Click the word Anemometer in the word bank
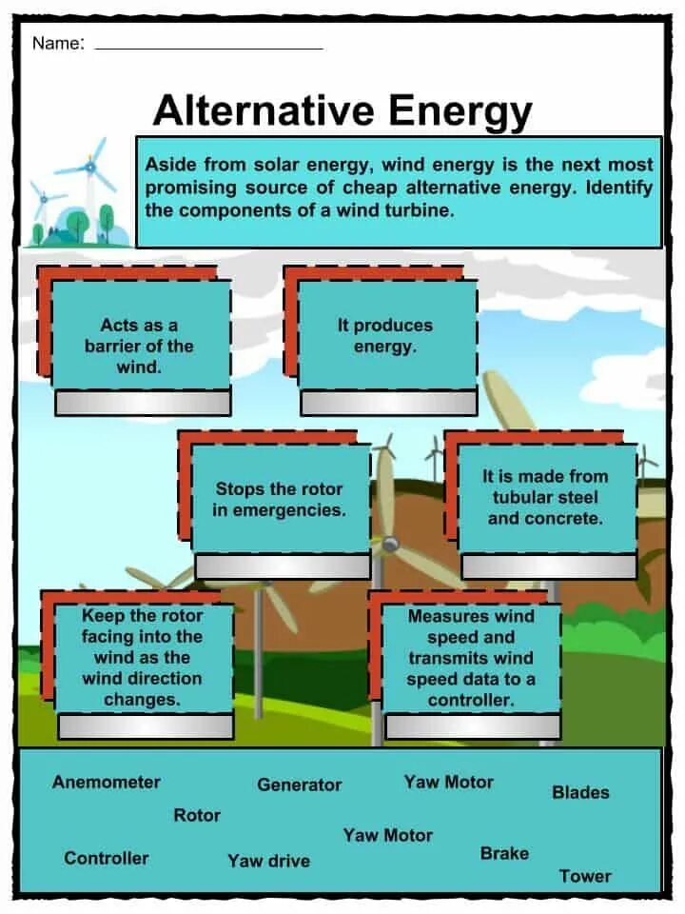click(107, 783)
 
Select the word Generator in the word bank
click(299, 785)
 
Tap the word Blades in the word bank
click(580, 792)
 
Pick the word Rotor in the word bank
click(197, 816)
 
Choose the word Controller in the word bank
click(107, 858)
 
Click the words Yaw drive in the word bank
click(268, 861)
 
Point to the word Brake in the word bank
click(504, 853)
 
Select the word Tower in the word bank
click(585, 876)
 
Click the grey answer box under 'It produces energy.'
click(388, 403)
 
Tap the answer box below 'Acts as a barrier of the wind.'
click(143, 403)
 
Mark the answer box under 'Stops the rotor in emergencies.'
click(283, 566)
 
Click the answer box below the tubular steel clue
click(549, 566)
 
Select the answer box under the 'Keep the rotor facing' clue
click(146, 726)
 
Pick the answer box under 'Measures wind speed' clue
click(473, 726)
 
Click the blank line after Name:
click(209, 46)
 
